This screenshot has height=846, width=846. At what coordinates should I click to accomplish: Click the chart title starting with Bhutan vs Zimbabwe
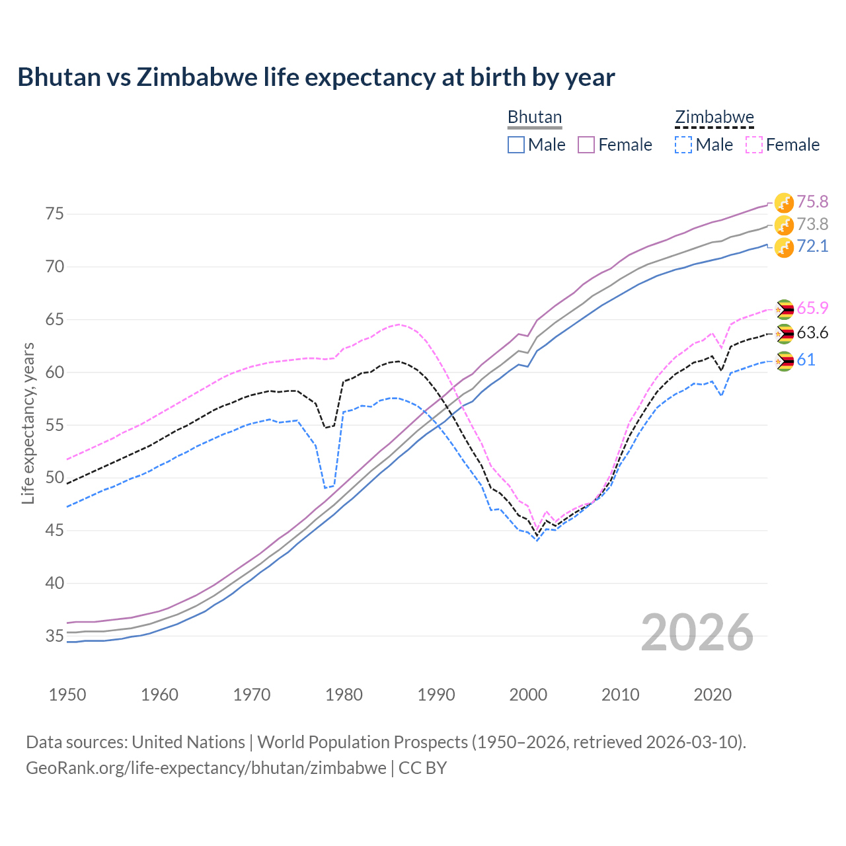pos(316,77)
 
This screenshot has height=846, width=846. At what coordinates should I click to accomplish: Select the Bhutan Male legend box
pos(516,145)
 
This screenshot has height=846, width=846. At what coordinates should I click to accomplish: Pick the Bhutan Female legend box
pos(586,145)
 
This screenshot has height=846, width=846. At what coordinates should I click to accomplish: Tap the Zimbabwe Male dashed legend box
pos(683,145)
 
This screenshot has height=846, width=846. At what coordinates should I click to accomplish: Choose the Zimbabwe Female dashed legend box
pos(754,145)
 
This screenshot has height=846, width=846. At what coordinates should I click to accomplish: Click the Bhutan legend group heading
pos(535,118)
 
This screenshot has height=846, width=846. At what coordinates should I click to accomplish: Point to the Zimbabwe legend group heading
pos(714,118)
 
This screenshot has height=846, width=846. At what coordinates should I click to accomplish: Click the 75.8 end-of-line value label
pos(812,202)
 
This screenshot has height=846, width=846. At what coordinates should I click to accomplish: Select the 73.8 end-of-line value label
pos(812,224)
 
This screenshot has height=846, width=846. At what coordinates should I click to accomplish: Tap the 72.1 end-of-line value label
pos(812,247)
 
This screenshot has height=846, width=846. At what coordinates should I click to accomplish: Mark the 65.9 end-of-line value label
pos(812,309)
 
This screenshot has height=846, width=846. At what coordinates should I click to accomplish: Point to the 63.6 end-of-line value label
pos(812,333)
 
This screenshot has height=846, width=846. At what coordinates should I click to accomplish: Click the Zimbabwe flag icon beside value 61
pos(784,361)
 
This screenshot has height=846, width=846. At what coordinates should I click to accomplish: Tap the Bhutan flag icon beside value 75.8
pos(784,203)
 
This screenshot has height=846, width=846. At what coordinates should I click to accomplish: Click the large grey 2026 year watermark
pos(697,633)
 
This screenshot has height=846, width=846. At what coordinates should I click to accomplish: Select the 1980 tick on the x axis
pos(344,695)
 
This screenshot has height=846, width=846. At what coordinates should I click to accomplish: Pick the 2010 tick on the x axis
pos(620,695)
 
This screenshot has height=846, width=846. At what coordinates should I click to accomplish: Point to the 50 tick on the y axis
pos(54,478)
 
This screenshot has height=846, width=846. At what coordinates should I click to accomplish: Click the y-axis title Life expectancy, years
pos(28,423)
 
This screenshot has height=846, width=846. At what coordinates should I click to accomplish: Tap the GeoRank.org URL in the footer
pos(206,768)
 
